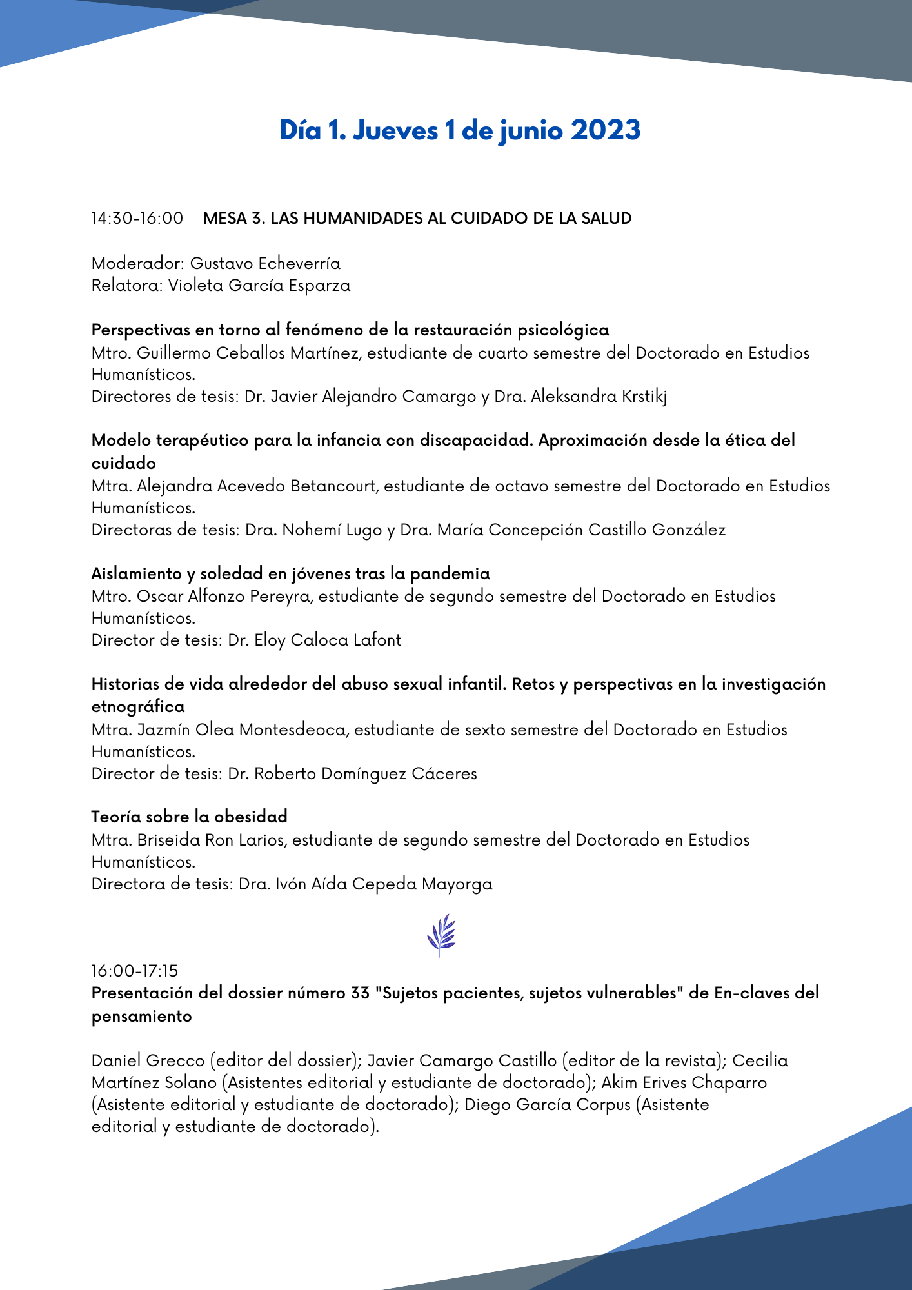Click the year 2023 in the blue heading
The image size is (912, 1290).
(x=605, y=130)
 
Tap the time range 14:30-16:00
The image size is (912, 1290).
(x=137, y=219)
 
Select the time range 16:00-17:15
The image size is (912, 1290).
(x=135, y=971)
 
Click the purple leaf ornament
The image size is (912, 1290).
(x=441, y=935)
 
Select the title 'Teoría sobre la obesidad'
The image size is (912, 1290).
(x=190, y=817)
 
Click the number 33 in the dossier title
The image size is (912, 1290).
(x=361, y=993)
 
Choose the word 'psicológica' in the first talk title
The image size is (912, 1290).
(x=564, y=330)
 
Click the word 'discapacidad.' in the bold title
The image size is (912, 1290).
(x=476, y=440)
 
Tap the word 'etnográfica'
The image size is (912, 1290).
(x=138, y=706)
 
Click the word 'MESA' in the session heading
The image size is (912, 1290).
(x=224, y=219)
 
